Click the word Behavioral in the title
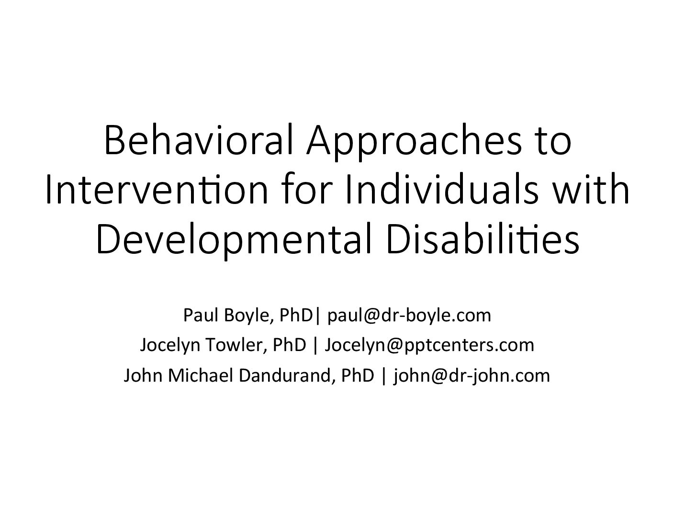coord(199,140)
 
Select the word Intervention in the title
coord(157,190)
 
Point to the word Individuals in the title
coord(442,190)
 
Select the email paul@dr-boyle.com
coord(409,316)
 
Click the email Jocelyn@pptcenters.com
coord(429,346)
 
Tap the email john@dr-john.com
coord(472,376)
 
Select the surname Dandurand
coord(287,376)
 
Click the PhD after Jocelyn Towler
coord(290,345)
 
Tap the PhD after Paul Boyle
coord(296,315)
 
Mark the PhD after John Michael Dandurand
coord(358,375)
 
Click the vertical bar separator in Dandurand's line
coord(384,376)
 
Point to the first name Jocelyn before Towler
coord(170,346)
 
